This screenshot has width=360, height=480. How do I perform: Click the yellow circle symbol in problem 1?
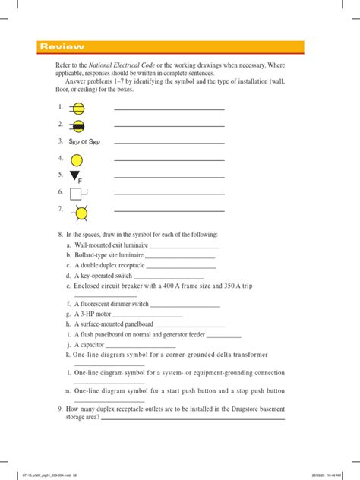coord(77,109)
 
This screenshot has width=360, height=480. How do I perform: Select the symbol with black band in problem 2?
coord(77,125)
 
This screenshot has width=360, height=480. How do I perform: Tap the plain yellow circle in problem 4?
coord(77,159)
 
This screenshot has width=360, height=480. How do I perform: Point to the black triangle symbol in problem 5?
coord(74,175)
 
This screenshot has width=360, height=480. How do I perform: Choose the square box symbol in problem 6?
coord(77,193)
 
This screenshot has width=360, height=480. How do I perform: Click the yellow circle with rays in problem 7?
coord(77,211)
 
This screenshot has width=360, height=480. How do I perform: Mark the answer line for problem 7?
coord(169,210)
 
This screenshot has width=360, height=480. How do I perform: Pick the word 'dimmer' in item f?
coord(125,304)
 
